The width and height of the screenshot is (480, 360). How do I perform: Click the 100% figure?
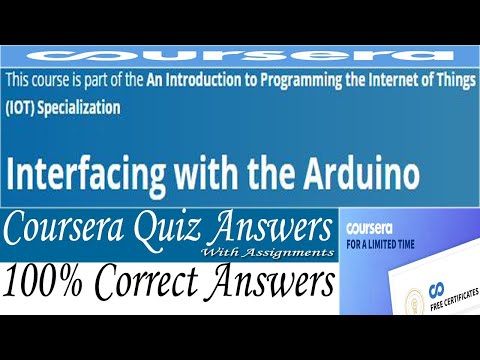(45, 284)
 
